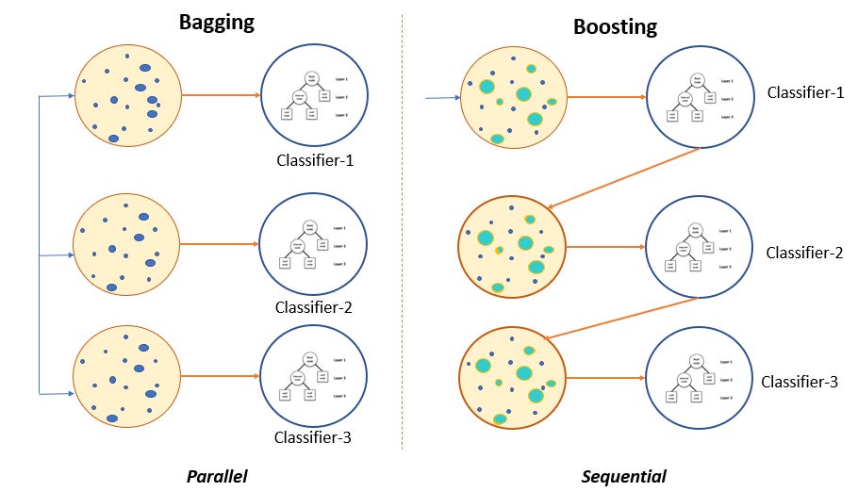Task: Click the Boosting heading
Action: click(x=614, y=26)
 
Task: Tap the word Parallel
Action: click(x=217, y=476)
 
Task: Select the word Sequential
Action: click(x=624, y=476)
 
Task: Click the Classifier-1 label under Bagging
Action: click(x=315, y=159)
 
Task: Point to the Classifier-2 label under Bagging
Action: click(x=314, y=306)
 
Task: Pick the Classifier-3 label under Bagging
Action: click(x=313, y=436)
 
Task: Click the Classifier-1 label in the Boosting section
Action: click(x=805, y=92)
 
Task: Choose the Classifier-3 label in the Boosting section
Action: click(x=800, y=382)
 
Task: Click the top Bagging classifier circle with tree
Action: click(x=309, y=95)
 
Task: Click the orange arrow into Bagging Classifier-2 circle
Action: click(x=217, y=245)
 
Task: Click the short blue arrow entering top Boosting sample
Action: click(x=441, y=96)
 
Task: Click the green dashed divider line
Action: click(x=403, y=236)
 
